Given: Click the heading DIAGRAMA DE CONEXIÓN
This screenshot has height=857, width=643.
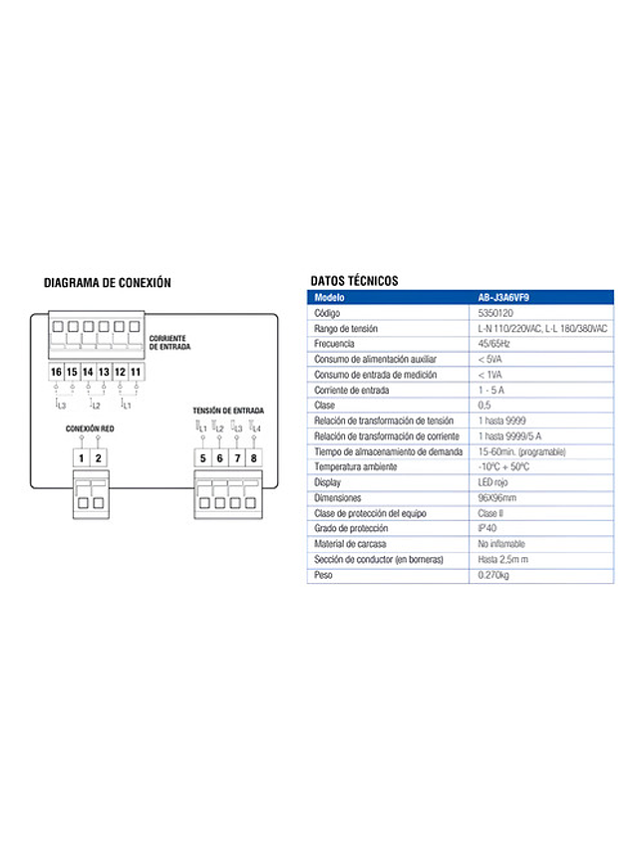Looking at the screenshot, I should (x=108, y=283).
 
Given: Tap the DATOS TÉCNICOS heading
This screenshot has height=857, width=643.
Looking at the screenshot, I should (x=354, y=281).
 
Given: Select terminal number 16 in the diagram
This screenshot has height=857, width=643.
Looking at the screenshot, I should (x=56, y=372).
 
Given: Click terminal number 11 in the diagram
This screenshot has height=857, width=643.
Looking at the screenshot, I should (x=136, y=372).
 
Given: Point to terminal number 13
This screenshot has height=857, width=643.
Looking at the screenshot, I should (x=104, y=372).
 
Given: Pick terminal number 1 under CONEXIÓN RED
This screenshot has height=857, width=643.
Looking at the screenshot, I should (x=82, y=458).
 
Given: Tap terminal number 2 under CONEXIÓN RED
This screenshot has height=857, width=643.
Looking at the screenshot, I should (x=98, y=458).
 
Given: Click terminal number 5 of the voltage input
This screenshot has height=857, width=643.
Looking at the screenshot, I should (x=202, y=458).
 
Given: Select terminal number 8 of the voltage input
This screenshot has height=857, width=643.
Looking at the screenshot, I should (x=253, y=458).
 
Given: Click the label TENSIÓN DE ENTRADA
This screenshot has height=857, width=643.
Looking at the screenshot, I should (x=228, y=411).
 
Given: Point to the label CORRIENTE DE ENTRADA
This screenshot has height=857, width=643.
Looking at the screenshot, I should (x=169, y=343).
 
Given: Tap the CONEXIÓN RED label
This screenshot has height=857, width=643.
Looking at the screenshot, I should (x=89, y=428).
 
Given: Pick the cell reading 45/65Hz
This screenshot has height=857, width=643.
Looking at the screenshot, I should (x=495, y=344).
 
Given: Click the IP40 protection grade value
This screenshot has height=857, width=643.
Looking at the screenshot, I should (x=487, y=528).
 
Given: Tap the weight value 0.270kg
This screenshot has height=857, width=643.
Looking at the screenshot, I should (x=493, y=575).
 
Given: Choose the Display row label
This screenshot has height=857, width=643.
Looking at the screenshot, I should (x=328, y=482).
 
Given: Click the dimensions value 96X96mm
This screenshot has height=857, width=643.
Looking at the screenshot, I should (x=497, y=497).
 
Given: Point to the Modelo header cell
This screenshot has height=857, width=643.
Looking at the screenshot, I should (x=330, y=297).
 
